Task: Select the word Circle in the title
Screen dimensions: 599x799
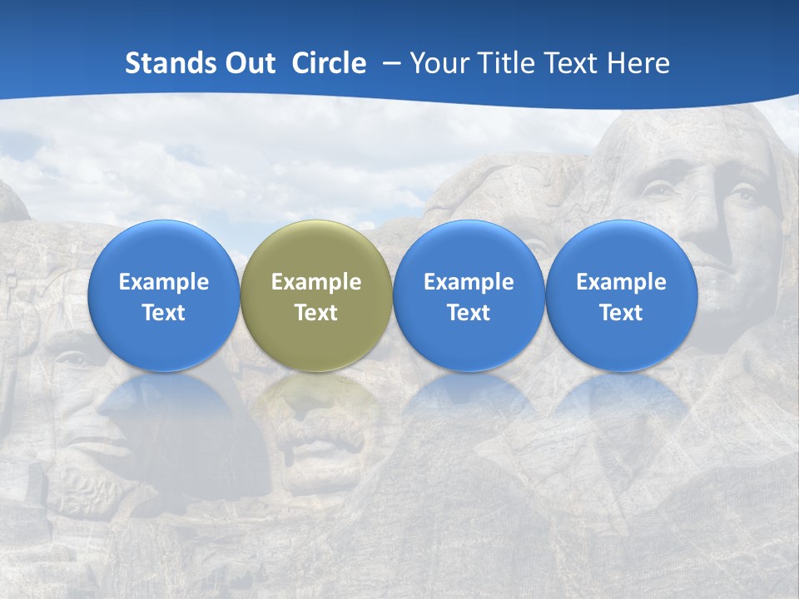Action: coord(329,63)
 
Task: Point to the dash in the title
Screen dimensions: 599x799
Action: coord(389,64)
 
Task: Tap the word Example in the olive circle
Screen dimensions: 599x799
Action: coord(316,282)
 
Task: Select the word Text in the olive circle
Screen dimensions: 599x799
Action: coord(316,313)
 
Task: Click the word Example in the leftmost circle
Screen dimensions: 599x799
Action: coord(164,282)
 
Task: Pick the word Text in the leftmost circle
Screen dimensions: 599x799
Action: coord(164,313)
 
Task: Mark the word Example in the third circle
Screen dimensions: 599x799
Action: coord(469,282)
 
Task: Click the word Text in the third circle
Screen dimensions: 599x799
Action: coord(469,313)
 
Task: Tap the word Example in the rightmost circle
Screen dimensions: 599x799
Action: coord(622,282)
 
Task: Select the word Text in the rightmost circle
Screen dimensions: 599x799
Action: coord(622,313)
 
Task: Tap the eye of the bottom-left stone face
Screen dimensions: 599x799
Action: coord(73,359)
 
